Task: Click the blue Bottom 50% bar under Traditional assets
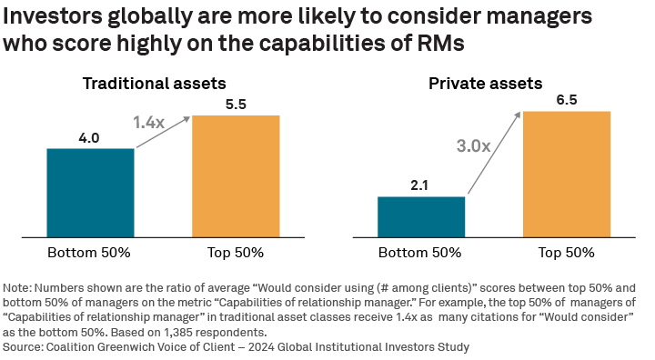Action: click(90, 193)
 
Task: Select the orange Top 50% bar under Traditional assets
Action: click(236, 176)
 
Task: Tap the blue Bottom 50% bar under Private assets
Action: click(421, 216)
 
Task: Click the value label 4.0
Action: click(90, 138)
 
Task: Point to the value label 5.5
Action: click(236, 105)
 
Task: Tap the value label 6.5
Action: click(566, 100)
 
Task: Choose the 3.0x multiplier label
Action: click(473, 145)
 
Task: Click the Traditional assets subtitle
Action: click(154, 83)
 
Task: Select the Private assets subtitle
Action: click(485, 83)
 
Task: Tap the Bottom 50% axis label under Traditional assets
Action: click(90, 252)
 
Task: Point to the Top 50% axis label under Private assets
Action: click(566, 252)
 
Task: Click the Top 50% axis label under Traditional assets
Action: click(236, 252)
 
